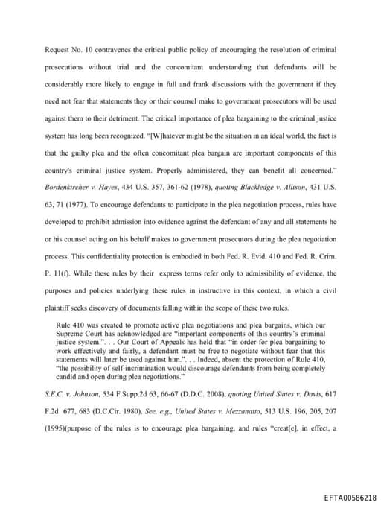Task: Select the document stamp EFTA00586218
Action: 339,495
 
